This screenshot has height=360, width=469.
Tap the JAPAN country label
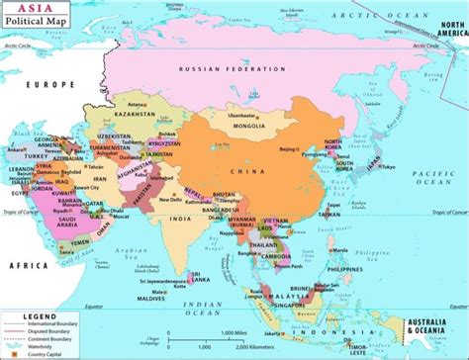pos(373,164)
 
